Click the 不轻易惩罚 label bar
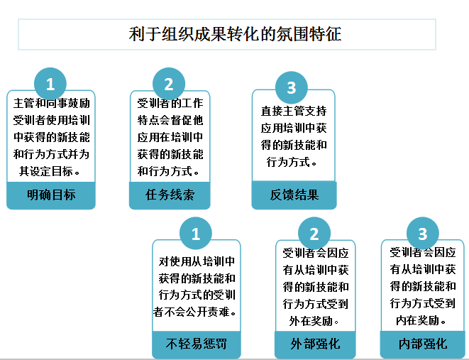click(197, 344)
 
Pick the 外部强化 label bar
click(315, 344)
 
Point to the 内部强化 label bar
click(423, 344)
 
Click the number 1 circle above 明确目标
click(50, 84)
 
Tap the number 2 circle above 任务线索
click(169, 84)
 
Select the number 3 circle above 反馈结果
click(291, 88)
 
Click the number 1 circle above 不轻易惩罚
click(197, 233)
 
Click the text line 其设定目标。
click(50, 171)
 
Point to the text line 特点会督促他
click(170, 119)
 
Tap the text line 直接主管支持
click(294, 111)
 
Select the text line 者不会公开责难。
click(195, 312)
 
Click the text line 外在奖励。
click(315, 321)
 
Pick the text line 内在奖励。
click(423, 321)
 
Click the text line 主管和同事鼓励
click(52, 103)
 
